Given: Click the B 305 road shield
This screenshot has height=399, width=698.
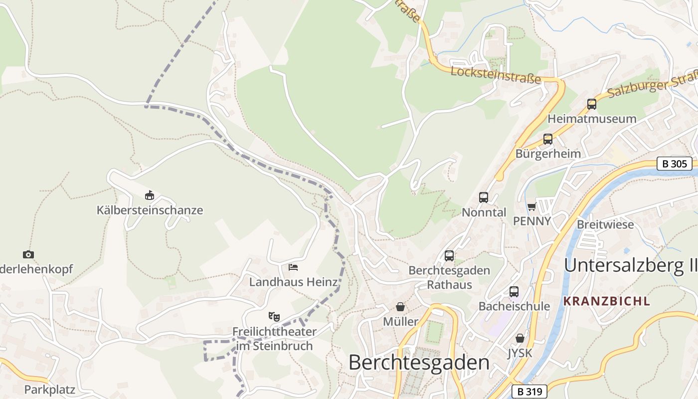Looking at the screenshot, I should [x=675, y=163].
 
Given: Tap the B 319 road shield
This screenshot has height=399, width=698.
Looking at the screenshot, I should [x=529, y=392].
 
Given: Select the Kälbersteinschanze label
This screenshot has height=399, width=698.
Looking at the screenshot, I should [x=150, y=210].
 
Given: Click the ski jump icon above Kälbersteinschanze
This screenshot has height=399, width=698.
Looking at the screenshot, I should [x=149, y=195].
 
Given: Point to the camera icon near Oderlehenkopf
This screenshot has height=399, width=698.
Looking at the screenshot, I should [x=28, y=254].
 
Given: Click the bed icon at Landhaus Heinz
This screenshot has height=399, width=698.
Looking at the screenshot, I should [x=293, y=267].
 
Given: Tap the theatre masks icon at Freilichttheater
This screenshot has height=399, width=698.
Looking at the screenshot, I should [x=274, y=316].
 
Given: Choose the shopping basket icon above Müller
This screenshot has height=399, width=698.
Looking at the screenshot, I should [x=400, y=306].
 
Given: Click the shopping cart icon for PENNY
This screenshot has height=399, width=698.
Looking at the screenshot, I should [x=531, y=206].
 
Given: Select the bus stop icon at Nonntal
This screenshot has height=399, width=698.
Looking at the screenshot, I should [x=483, y=197].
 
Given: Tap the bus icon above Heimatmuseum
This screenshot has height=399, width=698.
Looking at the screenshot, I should [x=592, y=104].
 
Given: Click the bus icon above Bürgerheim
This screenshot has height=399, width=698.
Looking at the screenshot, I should [x=547, y=139].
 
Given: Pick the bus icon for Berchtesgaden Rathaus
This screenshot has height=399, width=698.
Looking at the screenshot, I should [x=449, y=256].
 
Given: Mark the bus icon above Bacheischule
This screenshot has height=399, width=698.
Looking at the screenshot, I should [x=514, y=292].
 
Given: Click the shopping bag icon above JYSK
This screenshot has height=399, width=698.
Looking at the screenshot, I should [x=520, y=338].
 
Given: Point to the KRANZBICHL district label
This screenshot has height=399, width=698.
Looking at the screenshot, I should [x=606, y=301].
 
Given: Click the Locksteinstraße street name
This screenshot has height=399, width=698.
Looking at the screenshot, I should [x=496, y=75].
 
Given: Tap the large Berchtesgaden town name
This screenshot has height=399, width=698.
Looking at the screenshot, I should [x=419, y=362].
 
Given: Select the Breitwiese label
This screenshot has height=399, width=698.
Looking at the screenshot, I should [x=605, y=224].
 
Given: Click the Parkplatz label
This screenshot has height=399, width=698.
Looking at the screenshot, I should [x=49, y=390].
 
